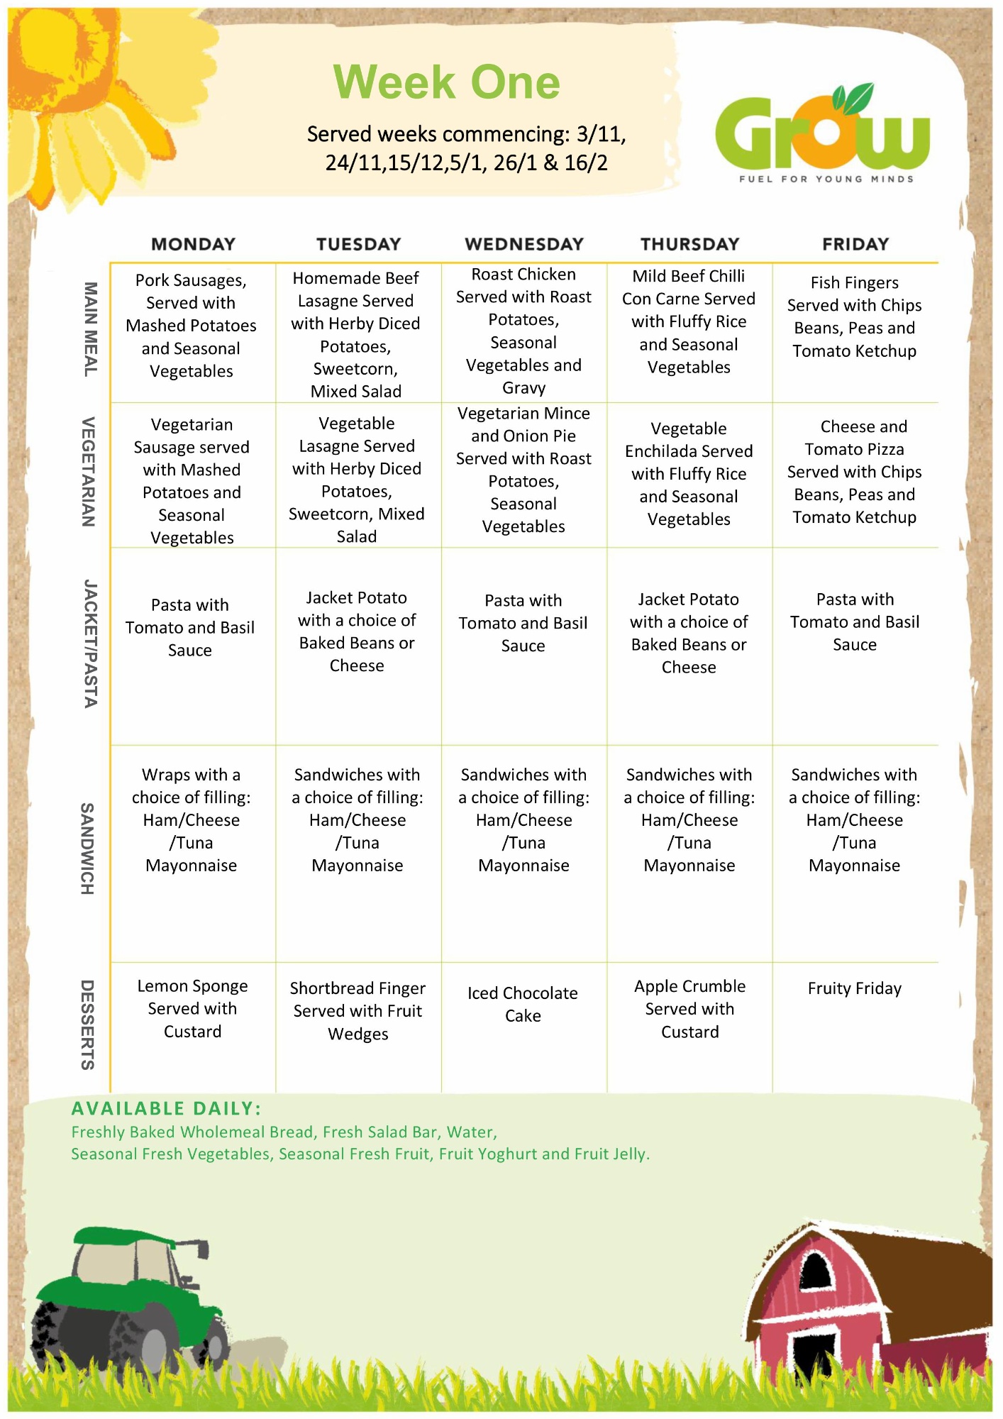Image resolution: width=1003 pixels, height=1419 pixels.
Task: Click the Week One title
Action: (446, 82)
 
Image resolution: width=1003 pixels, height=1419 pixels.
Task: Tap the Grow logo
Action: (822, 131)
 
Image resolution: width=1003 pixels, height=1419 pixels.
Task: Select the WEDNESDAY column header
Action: (523, 244)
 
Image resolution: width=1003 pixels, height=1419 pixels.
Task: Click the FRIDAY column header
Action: (855, 244)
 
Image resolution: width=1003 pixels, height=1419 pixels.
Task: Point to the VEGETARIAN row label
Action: (89, 472)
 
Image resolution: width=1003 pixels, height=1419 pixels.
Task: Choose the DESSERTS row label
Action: (88, 1025)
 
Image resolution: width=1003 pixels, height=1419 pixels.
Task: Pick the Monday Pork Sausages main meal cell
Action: (192, 326)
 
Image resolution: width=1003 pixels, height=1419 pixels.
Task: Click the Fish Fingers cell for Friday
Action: (854, 317)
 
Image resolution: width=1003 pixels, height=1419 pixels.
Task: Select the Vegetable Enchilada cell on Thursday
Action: (689, 474)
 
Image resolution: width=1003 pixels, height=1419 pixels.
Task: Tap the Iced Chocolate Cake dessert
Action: (523, 1004)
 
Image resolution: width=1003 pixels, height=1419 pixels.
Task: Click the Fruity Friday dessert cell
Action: (854, 988)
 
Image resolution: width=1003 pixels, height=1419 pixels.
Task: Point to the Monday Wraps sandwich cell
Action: (192, 819)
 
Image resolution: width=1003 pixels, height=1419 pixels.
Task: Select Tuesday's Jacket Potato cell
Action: (357, 631)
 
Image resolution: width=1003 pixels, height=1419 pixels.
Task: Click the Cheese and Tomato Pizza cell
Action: (855, 472)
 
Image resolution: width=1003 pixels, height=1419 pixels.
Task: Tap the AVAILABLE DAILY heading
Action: (167, 1108)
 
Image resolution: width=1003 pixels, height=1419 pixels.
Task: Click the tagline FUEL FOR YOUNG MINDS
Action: (826, 179)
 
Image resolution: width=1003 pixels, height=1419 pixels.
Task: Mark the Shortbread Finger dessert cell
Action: (358, 1010)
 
